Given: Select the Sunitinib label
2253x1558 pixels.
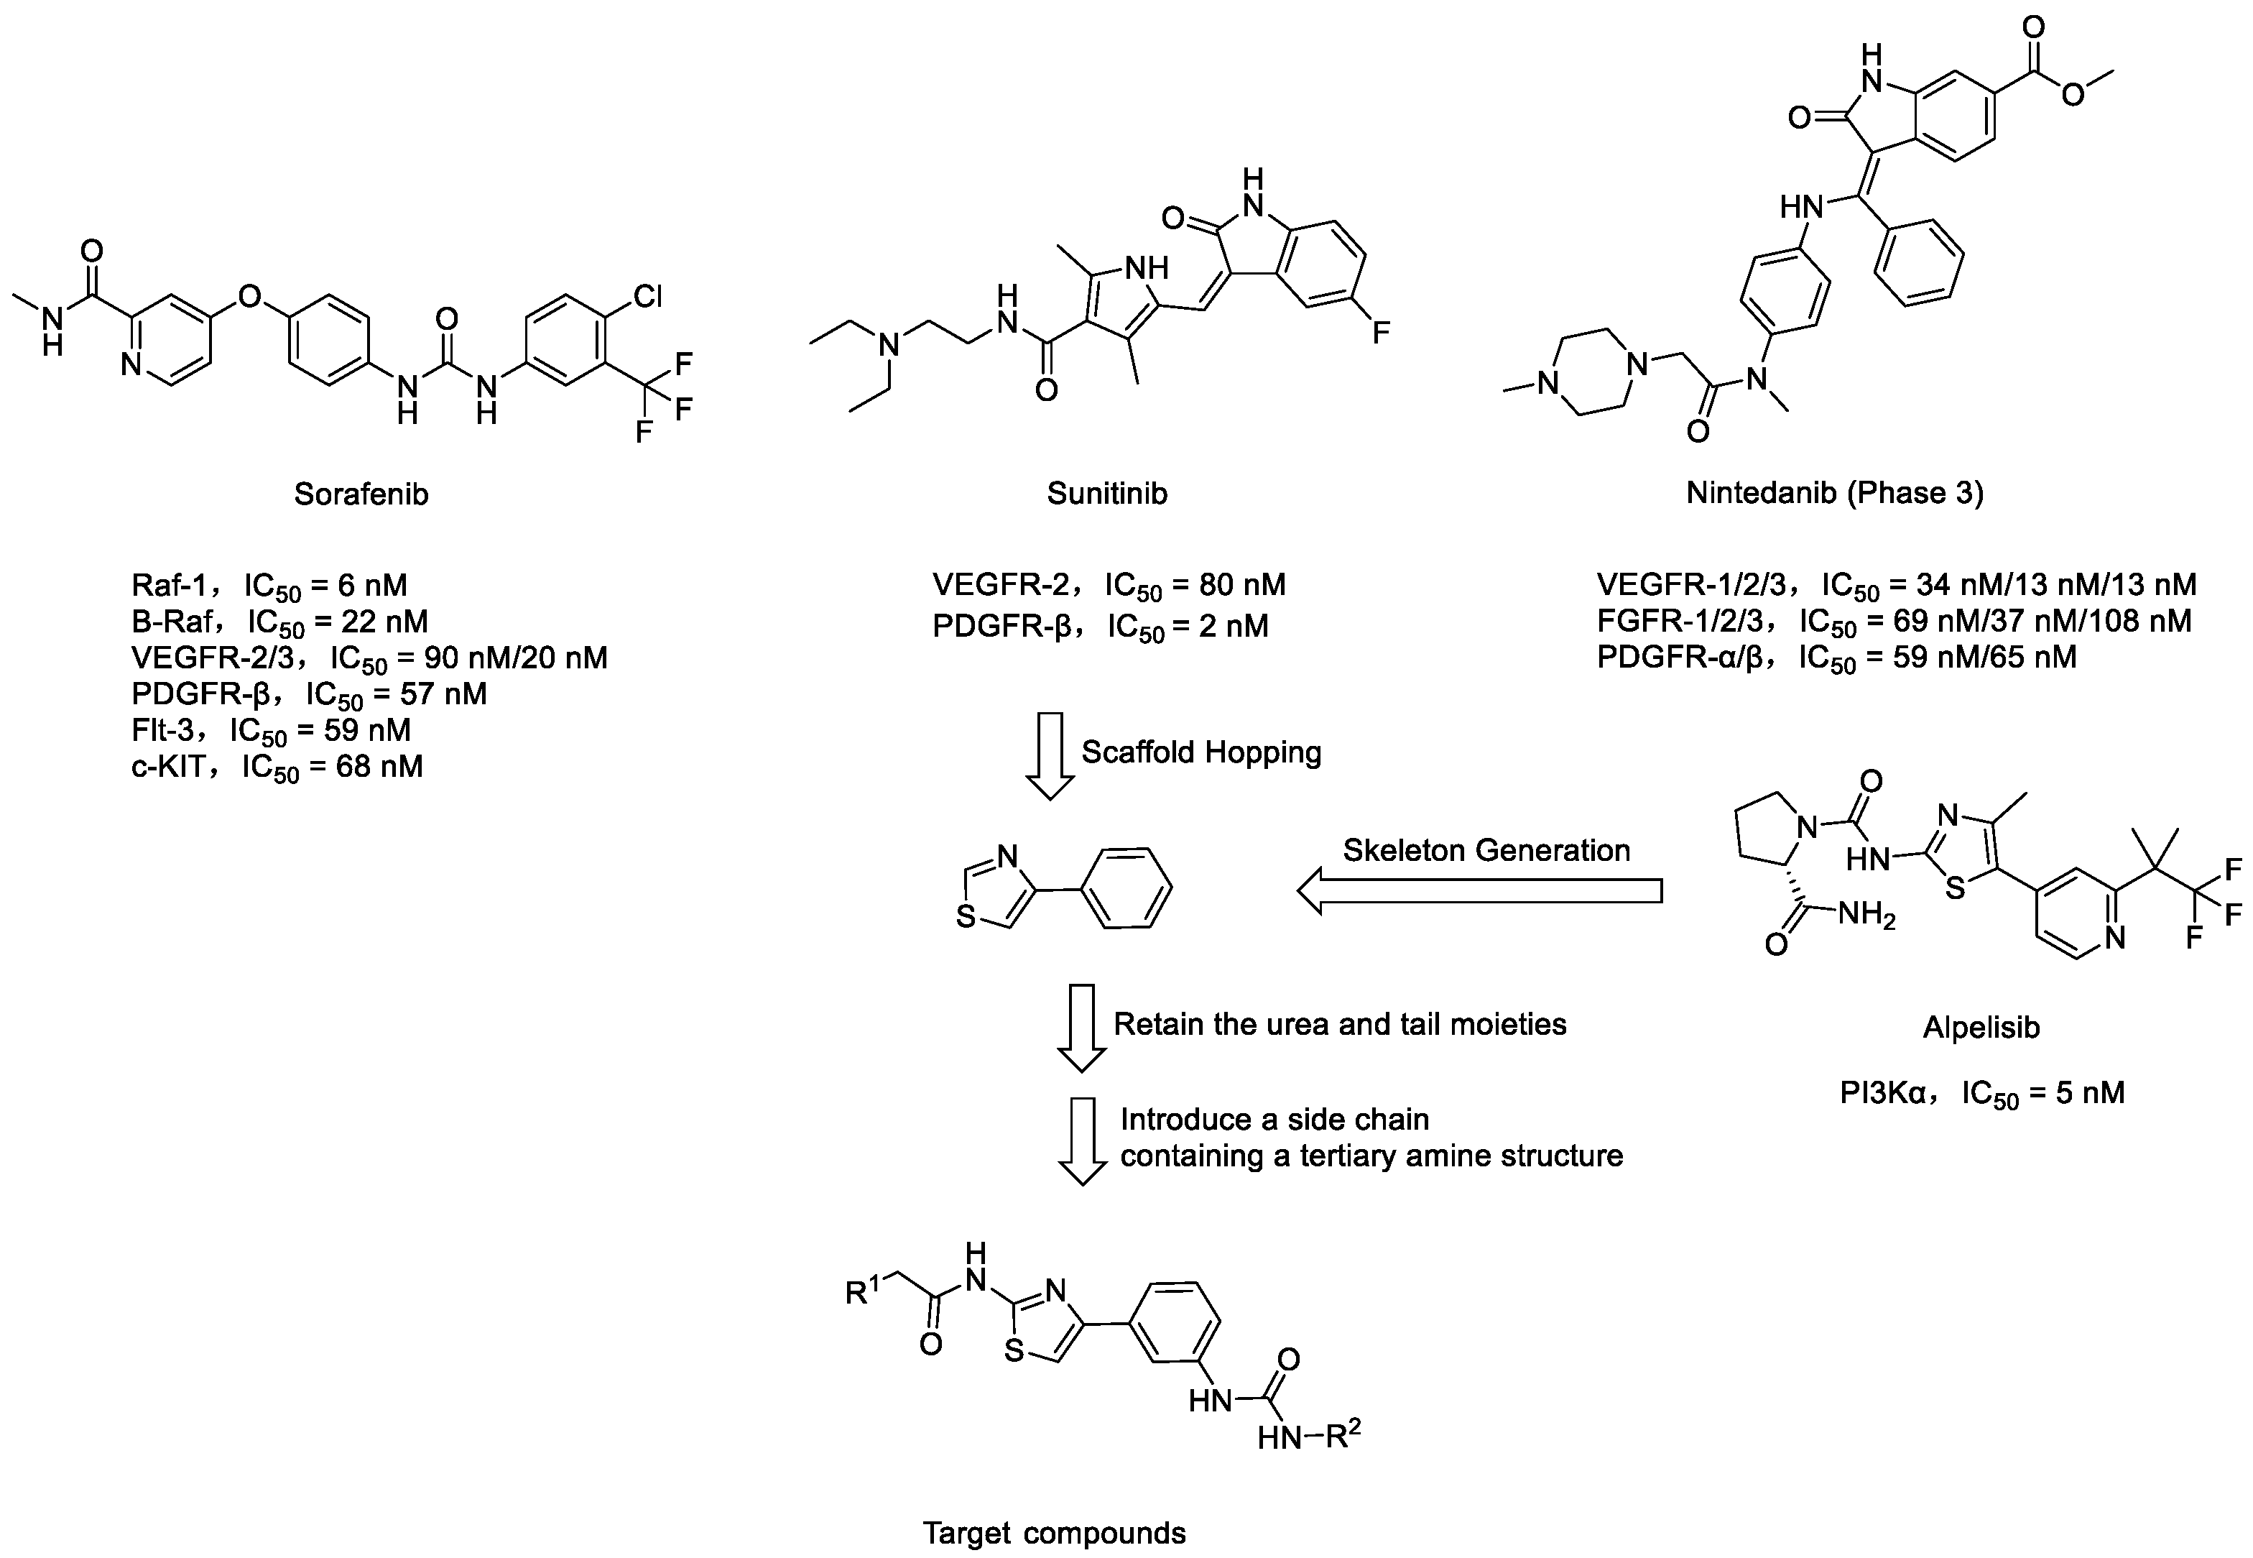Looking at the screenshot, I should pos(1106,493).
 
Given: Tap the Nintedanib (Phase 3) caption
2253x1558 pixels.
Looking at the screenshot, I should pos(1834,493).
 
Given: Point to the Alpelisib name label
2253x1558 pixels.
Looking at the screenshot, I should pos(1981,1027).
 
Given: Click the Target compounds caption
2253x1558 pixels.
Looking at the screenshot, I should pos(1054,1534).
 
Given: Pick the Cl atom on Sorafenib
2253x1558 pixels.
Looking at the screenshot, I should pos(648,296).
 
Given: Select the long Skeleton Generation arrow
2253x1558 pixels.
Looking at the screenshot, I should pos(1479,891).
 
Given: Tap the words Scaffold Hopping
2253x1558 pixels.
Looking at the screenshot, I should pos(1201,752).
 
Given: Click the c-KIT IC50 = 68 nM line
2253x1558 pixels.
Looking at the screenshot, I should pos(277,768).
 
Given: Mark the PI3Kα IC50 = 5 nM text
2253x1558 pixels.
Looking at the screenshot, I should pos(1981,1092).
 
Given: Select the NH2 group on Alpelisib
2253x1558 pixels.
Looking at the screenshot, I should pos(1866,915).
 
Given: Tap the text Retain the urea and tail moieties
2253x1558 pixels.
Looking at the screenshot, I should pos(1340,1024).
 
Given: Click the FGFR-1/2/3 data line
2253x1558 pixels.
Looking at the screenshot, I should pos(1894,622).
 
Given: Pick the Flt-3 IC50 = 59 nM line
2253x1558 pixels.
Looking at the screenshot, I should pos(272,731).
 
